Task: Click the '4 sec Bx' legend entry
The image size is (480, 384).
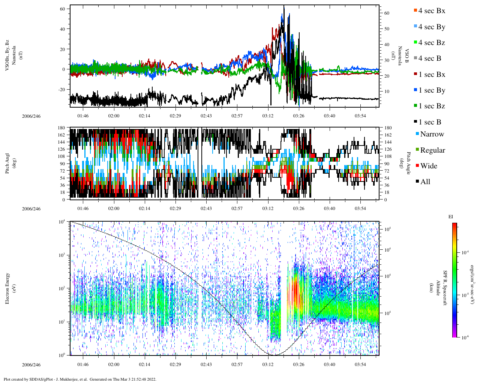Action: click(x=431, y=11)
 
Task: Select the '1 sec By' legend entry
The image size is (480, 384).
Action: click(x=431, y=90)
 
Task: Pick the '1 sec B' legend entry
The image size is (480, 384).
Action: click(x=430, y=122)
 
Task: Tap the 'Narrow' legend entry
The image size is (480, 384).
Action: click(x=432, y=134)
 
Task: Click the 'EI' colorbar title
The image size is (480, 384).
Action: click(x=451, y=217)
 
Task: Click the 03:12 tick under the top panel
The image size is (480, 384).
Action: click(x=268, y=116)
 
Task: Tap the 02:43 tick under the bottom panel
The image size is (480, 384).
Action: click(x=206, y=364)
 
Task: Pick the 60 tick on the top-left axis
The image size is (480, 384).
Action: click(x=63, y=9)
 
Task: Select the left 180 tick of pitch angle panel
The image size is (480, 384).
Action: click(x=61, y=128)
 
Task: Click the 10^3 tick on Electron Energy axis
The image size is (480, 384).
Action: click(x=62, y=255)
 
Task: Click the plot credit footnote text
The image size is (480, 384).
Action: click(x=80, y=379)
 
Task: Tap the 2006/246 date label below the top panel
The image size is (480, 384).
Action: click(x=31, y=116)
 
